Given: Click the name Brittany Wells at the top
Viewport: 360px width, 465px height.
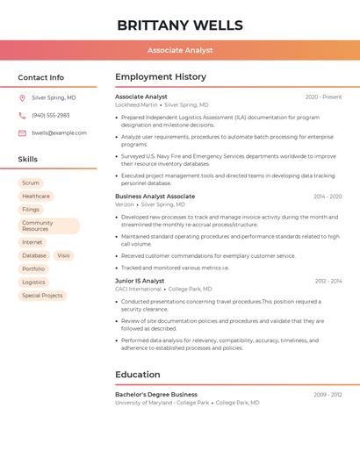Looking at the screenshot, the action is tap(180, 25).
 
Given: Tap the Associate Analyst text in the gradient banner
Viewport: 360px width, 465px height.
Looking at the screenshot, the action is tap(180, 50).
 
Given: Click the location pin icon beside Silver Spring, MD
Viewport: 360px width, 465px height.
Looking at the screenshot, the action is tap(22, 98).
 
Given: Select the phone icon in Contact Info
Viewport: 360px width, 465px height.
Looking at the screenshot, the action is tap(22, 116).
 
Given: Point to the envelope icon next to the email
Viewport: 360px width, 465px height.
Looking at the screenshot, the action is tap(22, 133).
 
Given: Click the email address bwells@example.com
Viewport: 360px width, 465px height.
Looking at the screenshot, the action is tap(59, 133).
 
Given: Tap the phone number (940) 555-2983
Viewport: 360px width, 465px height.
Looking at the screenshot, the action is tap(50, 116).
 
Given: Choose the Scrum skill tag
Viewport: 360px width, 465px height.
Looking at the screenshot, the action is tap(31, 183).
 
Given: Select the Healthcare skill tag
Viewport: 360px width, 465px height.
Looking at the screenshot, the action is tap(36, 197).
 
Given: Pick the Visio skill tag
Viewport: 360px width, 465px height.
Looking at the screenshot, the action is tap(63, 256).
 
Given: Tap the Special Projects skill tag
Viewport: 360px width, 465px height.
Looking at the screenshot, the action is tap(42, 296).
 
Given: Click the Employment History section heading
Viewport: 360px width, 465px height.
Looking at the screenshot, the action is tap(161, 77).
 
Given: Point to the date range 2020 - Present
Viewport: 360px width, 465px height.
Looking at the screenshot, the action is tap(323, 97).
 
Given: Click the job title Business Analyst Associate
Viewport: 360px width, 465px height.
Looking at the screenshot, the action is tap(155, 197).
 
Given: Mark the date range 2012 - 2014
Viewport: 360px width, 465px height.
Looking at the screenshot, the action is tap(328, 282).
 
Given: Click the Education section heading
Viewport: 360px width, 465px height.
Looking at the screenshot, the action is tap(138, 375).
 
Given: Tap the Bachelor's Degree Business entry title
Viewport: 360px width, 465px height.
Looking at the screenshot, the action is tap(156, 395).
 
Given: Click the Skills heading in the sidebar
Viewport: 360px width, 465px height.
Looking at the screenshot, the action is tap(28, 160).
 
